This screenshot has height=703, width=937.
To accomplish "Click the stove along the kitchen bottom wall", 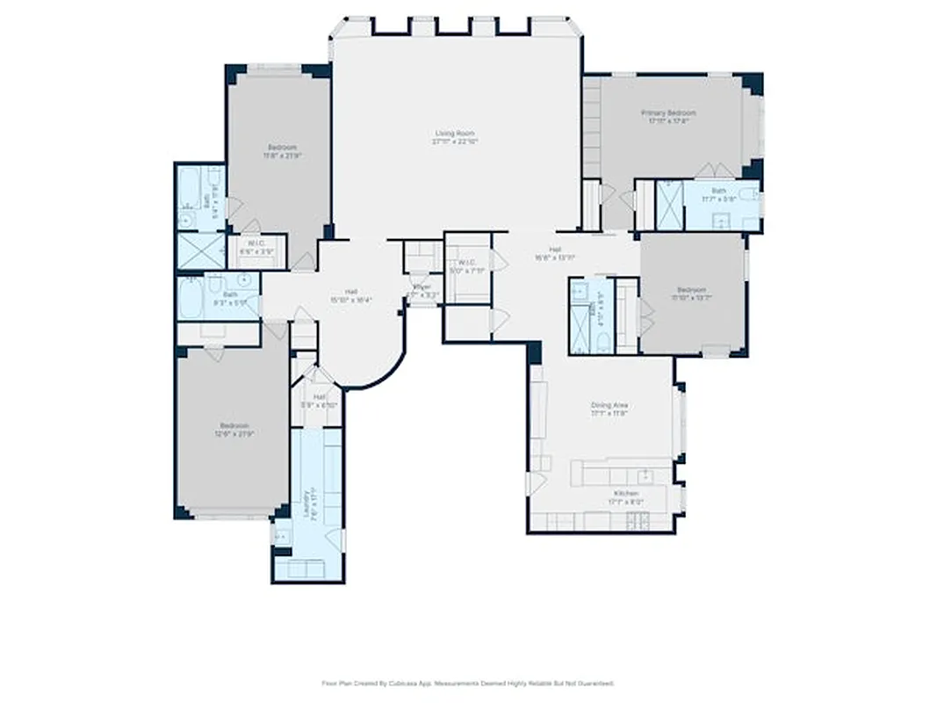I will click(x=639, y=522).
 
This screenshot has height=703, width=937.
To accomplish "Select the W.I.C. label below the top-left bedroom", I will click(x=257, y=248).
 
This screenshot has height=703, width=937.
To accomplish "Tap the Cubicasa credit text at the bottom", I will click(x=467, y=683).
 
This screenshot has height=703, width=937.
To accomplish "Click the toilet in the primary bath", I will click(x=746, y=194).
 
